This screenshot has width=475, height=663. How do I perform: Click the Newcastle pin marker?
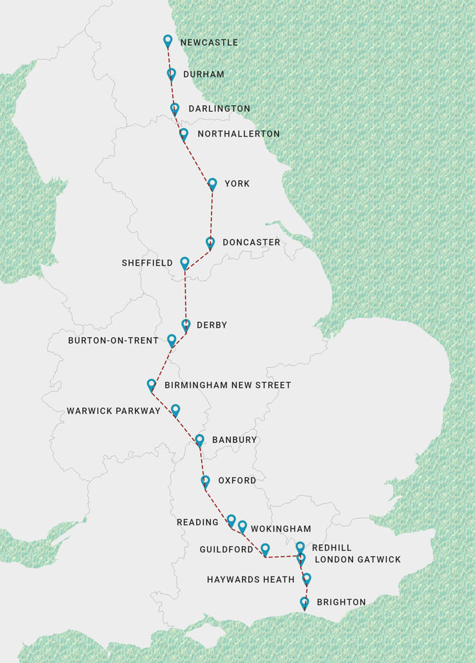point(168,41)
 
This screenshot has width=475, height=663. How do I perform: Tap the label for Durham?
point(203,74)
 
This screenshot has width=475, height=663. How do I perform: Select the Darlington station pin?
point(175,109)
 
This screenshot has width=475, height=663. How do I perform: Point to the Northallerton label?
point(238,134)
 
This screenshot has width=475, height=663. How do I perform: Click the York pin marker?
point(212,184)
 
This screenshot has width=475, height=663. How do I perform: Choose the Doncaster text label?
point(251,242)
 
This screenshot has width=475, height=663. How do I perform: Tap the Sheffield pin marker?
point(184,263)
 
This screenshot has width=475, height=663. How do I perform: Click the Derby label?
point(212,325)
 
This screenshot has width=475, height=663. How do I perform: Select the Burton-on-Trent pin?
point(172,340)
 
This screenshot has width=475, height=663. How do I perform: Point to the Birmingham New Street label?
point(228,385)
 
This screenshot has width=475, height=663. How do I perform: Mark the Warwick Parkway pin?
point(176,409)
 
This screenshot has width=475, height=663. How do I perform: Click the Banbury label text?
point(234,440)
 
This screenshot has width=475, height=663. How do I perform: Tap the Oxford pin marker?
point(205,481)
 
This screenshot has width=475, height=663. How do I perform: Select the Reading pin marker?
point(231,520)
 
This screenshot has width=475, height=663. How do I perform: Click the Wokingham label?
point(280,529)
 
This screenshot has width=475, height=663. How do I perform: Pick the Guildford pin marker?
point(265,549)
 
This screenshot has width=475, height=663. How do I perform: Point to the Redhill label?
point(332,548)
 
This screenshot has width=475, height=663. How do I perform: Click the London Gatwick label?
point(357,560)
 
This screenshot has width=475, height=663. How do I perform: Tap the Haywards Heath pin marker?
point(306,579)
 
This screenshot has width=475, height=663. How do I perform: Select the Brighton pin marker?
point(304,602)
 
